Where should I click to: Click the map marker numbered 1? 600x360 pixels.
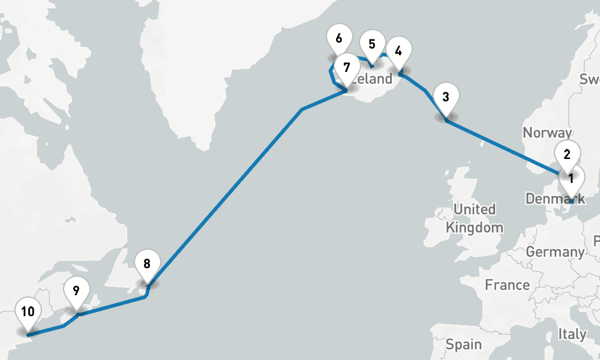tap(571, 178)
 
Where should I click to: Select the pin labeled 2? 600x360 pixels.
tap(567, 153)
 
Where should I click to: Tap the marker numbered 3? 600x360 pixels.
tap(445, 97)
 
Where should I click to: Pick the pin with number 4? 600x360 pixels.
tap(398, 50)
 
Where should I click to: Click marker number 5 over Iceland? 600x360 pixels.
tap(372, 44)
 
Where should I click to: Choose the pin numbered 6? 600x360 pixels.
tap(339, 38)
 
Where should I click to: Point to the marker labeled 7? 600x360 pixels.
tap(346, 67)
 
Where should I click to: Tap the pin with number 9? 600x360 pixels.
tap(76, 291)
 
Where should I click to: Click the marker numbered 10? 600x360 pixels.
tap(28, 311)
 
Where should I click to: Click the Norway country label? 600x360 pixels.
tap(547, 133)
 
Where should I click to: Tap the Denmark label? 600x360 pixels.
tap(555, 199)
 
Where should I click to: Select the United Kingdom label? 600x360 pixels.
tap(474, 218)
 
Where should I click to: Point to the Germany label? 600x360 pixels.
tap(555, 252)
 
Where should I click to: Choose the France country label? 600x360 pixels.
tap(507, 284)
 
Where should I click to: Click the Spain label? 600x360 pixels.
tap(463, 344)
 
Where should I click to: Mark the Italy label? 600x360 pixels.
tap(572, 334)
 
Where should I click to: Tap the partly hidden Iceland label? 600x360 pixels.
tap(375, 79)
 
